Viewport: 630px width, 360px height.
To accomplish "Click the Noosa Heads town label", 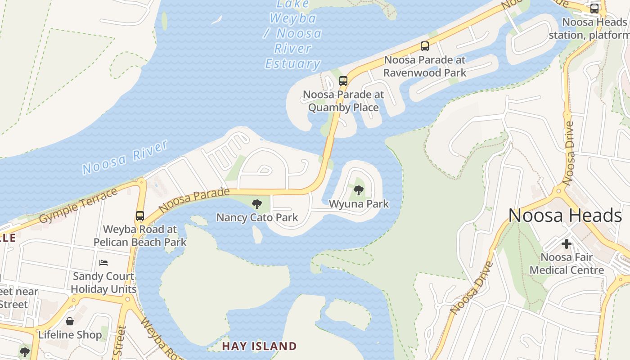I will pos(565,216).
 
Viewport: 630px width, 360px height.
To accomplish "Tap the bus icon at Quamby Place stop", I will pos(343,81).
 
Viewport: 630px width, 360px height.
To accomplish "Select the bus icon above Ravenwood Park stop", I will pos(424,46).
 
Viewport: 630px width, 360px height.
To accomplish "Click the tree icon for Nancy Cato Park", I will pos(256,204).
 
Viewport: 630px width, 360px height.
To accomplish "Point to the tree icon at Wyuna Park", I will pos(358,190).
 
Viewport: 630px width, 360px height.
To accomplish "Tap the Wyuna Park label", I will pos(359,204).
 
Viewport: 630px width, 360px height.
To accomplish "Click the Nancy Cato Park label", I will pos(257,218).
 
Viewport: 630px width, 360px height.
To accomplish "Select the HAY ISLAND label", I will pos(260,346).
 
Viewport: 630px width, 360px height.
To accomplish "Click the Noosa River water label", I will pos(125,157).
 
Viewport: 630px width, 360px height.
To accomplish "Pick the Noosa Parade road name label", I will pos(194,201).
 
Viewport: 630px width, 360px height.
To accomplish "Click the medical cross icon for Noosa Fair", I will pos(566,244).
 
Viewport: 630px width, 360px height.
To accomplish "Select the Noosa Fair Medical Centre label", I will pos(567,264).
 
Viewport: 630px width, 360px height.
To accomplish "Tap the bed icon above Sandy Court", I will pos(103,262).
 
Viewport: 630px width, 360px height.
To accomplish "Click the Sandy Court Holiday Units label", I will pos(103,283).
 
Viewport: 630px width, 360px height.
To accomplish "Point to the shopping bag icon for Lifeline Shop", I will pos(70,321).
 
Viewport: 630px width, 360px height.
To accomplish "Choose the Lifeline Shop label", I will pos(70,335).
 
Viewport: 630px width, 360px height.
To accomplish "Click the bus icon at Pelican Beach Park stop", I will pos(140,216).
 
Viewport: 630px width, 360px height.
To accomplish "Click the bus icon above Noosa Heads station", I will pos(594,9).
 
